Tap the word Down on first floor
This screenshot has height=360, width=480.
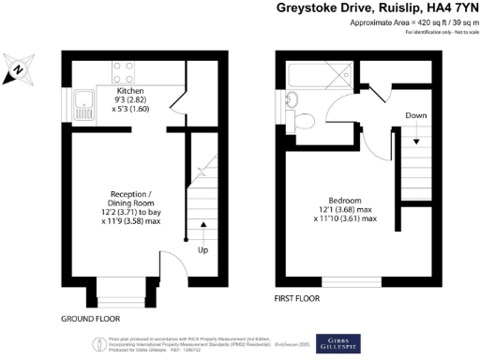coord(417,115)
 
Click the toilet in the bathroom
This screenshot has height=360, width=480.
coord(302,120)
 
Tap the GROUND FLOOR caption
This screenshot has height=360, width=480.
coord(90,319)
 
